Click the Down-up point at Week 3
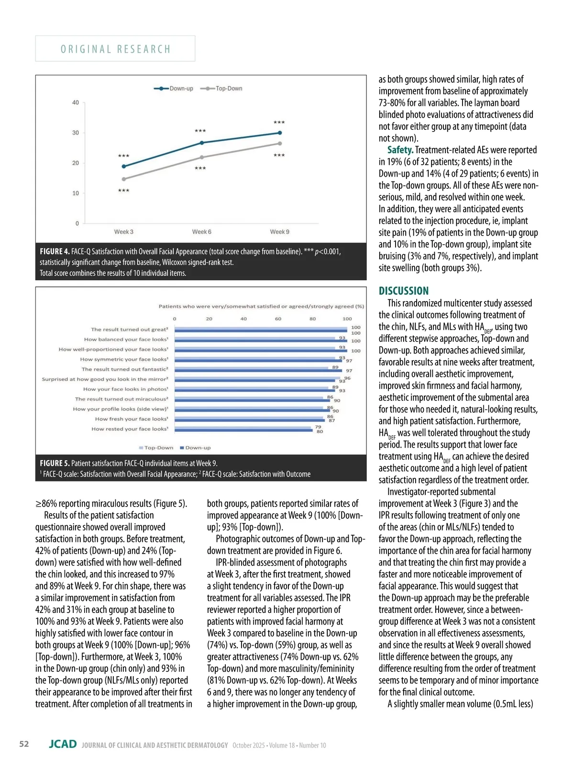[x=124, y=167]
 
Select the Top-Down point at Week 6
[x=201, y=157]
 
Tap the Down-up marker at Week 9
[x=280, y=133]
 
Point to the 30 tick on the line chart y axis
[x=76, y=133]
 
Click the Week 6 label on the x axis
[x=201, y=232]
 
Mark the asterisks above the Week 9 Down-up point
[x=279, y=123]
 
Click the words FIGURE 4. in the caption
[x=55, y=251]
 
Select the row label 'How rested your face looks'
[x=130, y=429]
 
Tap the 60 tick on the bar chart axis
[x=278, y=318]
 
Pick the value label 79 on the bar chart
[x=318, y=427]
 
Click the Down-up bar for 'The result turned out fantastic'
[x=258, y=371]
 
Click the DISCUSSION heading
[x=404, y=291]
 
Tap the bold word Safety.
[x=400, y=150]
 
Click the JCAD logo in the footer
[x=63, y=744]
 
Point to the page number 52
[x=24, y=744]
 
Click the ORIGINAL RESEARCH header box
[x=115, y=49]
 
